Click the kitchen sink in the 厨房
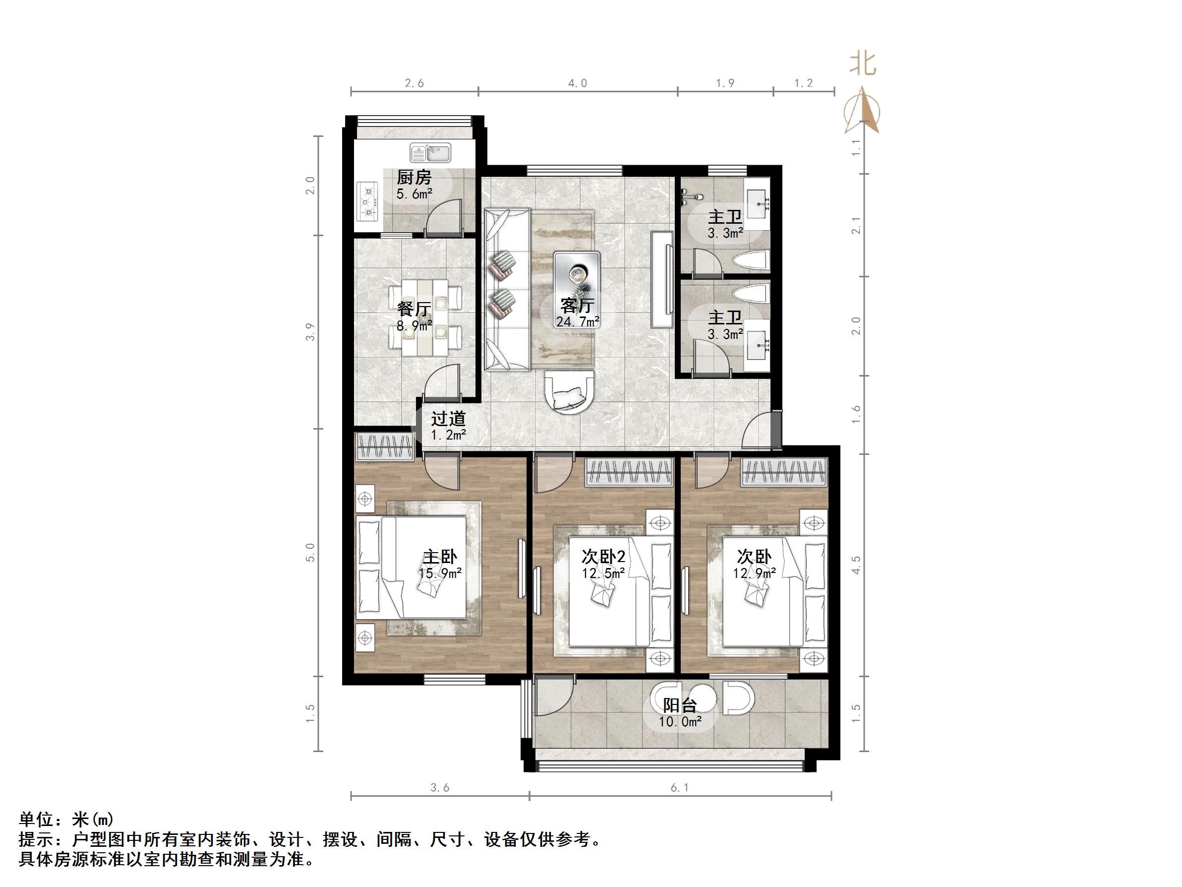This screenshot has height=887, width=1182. click(x=430, y=153)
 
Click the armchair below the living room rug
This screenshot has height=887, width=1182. click(x=570, y=392)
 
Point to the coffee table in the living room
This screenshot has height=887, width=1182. click(x=577, y=277)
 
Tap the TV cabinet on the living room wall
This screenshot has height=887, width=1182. click(x=661, y=279)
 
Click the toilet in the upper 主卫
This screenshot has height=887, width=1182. click(x=751, y=261)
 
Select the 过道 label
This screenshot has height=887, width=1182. click(x=448, y=418)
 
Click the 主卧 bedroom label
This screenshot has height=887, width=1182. click(x=440, y=557)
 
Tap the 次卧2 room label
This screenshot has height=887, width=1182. click(x=603, y=557)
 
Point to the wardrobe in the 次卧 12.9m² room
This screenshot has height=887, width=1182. click(x=784, y=473)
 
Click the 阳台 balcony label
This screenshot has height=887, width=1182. click(x=680, y=705)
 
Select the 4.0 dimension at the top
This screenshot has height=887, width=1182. click(x=577, y=83)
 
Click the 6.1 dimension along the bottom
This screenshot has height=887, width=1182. click(x=680, y=788)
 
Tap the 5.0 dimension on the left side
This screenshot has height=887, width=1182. click(x=310, y=552)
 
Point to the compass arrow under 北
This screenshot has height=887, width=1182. click(x=862, y=111)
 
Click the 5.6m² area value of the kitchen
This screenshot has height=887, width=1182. click(x=414, y=194)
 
